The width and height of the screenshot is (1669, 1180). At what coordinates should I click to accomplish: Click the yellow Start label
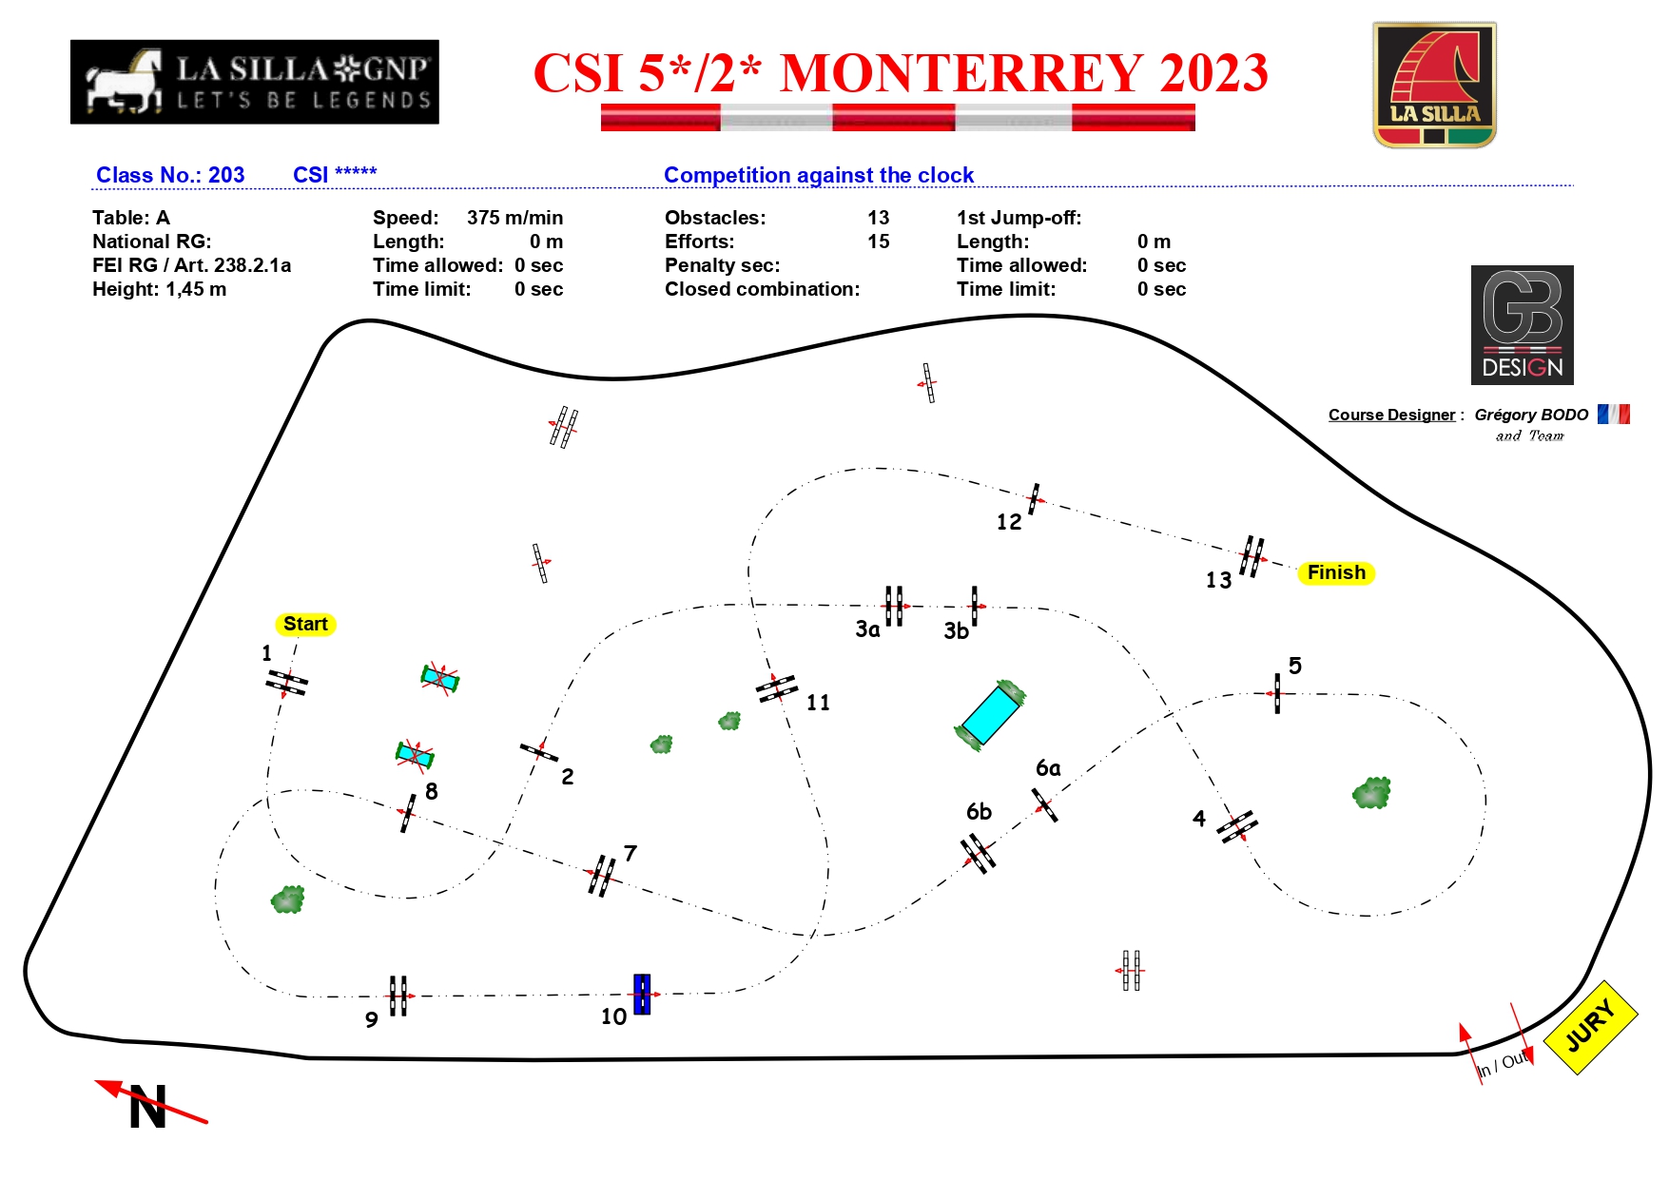(x=305, y=624)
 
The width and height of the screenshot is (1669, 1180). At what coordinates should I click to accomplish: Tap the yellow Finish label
(x=1336, y=572)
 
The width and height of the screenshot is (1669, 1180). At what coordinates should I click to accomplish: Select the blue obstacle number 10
(x=642, y=995)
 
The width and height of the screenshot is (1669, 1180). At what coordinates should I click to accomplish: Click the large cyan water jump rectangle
(x=990, y=714)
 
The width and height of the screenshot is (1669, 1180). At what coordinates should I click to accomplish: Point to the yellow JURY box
(x=1591, y=1027)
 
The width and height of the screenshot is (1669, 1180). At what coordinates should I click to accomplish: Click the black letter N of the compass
(x=148, y=1107)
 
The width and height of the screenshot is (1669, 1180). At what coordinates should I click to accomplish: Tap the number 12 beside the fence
(x=1009, y=522)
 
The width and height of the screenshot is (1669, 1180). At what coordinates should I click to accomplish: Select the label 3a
(x=867, y=629)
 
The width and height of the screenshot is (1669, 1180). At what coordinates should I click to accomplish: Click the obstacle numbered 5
(x=1277, y=693)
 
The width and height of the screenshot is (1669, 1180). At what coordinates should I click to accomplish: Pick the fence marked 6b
(x=978, y=853)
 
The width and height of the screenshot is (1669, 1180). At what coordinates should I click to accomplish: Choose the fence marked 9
(x=398, y=996)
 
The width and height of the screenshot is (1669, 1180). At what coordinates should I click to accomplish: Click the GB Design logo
(x=1522, y=325)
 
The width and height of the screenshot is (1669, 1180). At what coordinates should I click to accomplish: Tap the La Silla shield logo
(x=1434, y=86)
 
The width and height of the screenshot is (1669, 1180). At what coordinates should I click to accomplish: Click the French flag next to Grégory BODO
(x=1614, y=414)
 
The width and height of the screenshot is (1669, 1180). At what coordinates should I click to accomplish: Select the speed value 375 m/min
(x=514, y=218)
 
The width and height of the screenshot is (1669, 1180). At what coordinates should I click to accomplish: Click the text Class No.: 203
(x=170, y=175)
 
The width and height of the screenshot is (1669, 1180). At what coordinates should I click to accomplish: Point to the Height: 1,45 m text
(x=159, y=289)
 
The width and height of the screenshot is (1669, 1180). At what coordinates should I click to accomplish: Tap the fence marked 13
(x=1252, y=556)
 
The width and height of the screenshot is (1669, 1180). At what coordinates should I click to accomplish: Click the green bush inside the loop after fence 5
(x=1371, y=793)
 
